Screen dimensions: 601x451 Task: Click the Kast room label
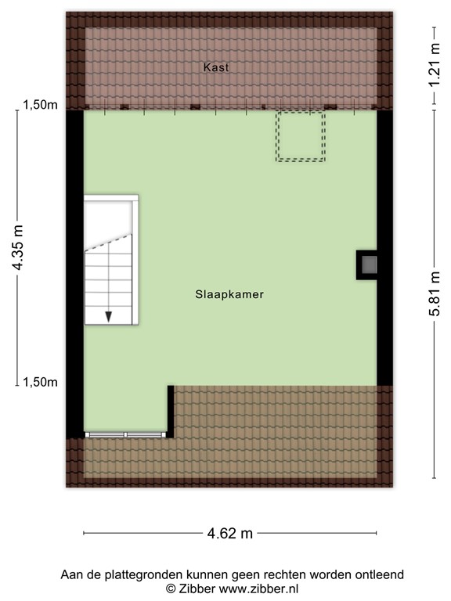pos(216,68)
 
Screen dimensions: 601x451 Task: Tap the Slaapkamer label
pos(229,295)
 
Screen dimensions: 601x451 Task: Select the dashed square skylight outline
pos(300,136)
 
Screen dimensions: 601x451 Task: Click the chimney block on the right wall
pos(367,264)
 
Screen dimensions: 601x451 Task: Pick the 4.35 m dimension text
pos(17,248)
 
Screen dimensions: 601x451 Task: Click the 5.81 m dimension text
pos(435,293)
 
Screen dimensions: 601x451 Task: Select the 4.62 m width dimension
pos(230,534)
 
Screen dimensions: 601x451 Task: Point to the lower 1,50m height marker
pos(38,382)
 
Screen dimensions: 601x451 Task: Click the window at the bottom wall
pos(124,434)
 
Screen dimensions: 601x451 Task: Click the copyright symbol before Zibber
pos(170,588)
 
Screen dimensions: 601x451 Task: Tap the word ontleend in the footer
pos(379,574)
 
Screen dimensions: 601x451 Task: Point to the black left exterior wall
pos(74,274)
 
